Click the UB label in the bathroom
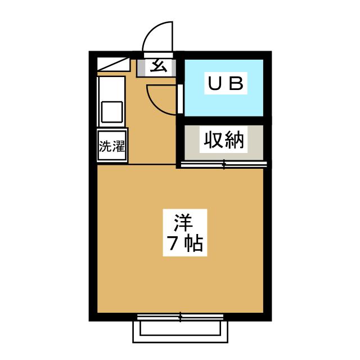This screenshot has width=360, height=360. click(x=226, y=84)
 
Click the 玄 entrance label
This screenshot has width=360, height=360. click(x=159, y=67)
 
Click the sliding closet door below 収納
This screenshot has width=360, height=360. click(x=223, y=165)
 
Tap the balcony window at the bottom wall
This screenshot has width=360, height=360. click(x=181, y=317)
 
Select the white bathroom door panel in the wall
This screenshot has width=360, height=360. click(x=180, y=99)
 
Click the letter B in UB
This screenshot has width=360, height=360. click(x=236, y=84)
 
